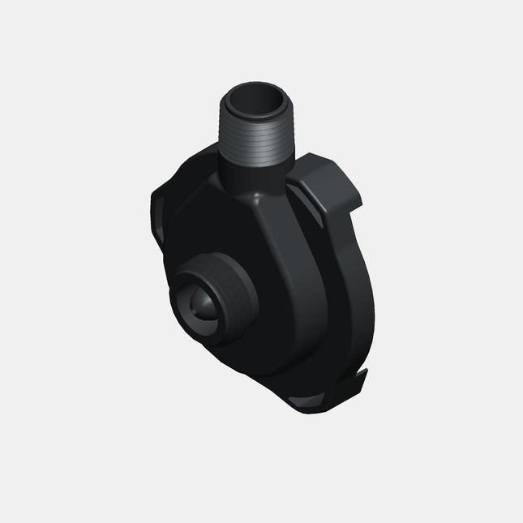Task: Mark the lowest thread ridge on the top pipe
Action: tap(254, 159)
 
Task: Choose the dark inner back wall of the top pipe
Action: tap(258, 99)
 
